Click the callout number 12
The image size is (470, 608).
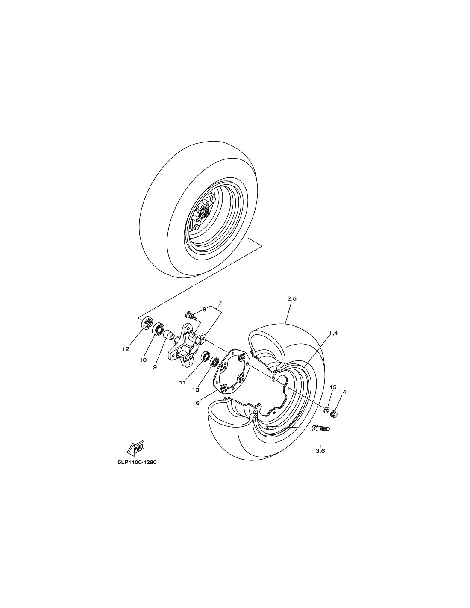(126, 349)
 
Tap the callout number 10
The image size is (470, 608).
(143, 360)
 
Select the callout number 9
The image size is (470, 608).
(155, 367)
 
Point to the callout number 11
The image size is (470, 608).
(182, 383)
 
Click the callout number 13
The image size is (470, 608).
(195, 390)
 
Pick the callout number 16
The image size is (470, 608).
(196, 403)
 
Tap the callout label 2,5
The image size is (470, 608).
(292, 299)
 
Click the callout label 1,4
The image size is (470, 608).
(333, 333)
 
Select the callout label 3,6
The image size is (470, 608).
(320, 451)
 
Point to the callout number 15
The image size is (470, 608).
(333, 387)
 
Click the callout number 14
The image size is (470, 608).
(343, 392)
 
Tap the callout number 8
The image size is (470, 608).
(204, 309)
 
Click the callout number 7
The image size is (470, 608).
(220, 303)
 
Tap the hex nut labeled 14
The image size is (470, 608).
(334, 413)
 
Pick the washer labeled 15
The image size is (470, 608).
(326, 410)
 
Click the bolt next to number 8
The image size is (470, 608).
(191, 316)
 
